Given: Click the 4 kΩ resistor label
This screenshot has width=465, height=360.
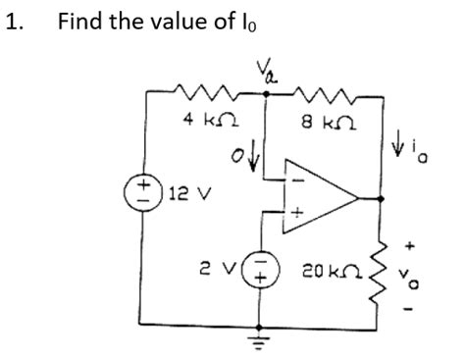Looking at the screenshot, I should (x=207, y=122).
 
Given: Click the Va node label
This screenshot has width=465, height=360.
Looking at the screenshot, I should (x=265, y=70).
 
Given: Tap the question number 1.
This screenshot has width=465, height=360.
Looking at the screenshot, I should (x=14, y=21).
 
